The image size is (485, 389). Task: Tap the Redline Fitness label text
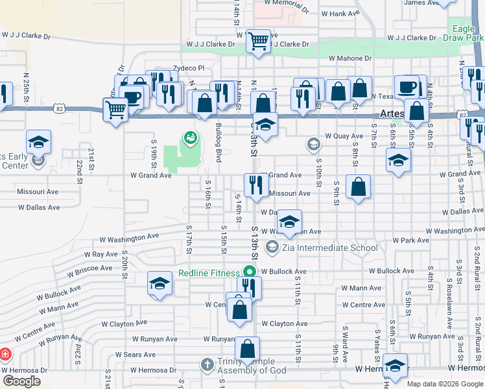click(x=209, y=273)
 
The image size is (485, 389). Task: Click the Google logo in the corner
click(x=21, y=381)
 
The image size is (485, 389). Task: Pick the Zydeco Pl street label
click(x=189, y=68)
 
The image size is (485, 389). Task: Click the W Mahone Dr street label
click(x=354, y=58)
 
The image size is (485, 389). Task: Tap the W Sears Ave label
click(x=136, y=355)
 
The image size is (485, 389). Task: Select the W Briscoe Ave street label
click(x=75, y=267)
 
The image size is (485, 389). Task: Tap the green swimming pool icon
click(x=190, y=137)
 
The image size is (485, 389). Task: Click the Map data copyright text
click(x=445, y=384)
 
